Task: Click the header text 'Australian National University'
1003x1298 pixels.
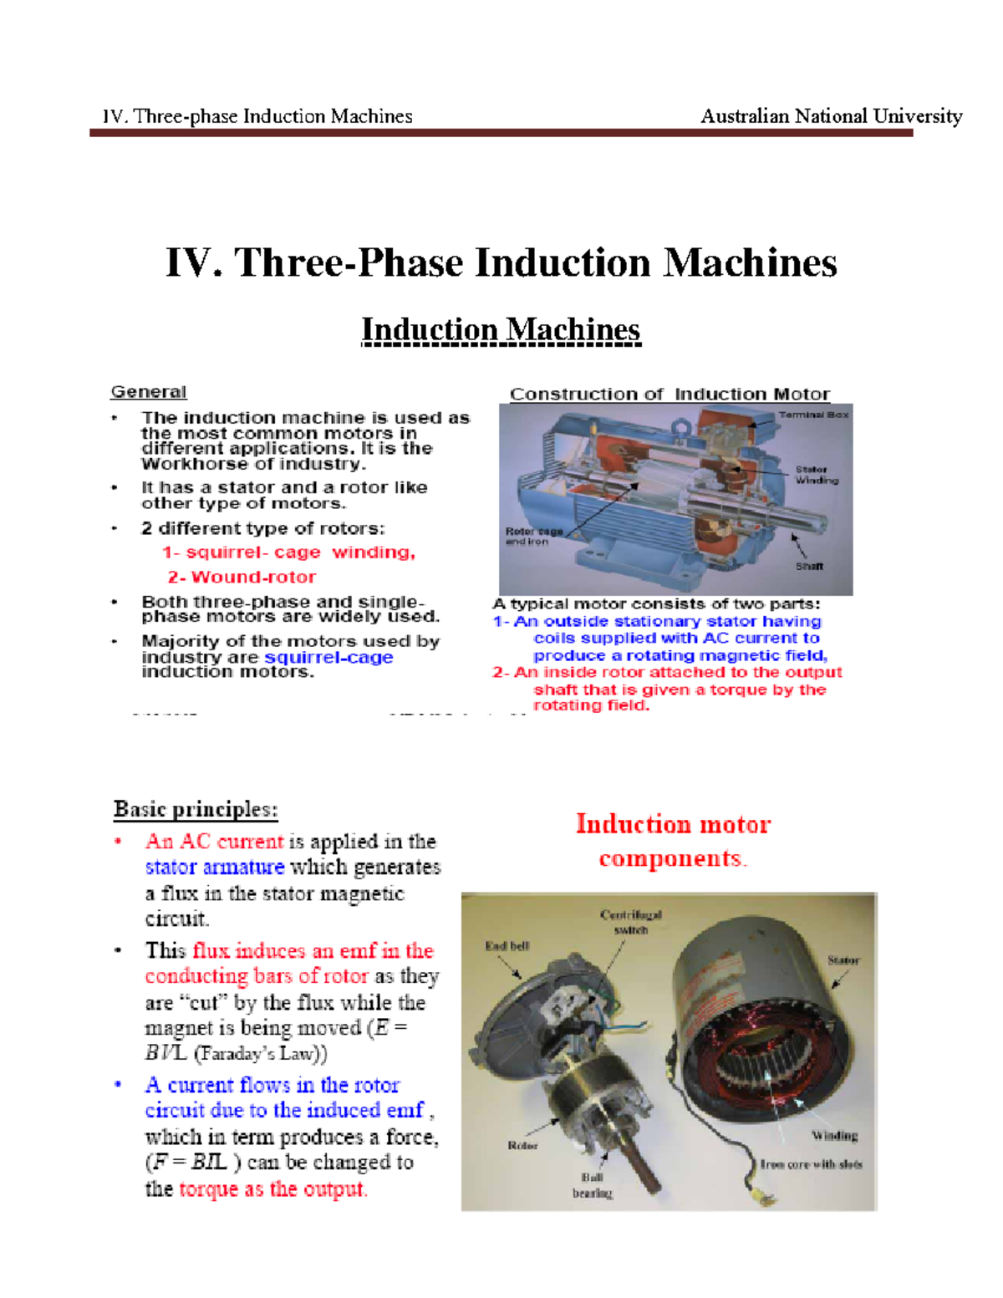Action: coord(831,116)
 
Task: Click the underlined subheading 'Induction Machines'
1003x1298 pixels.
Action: coord(501,330)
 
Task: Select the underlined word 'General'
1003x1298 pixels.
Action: coord(149,392)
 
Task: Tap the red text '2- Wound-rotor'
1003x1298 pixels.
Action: coord(242,577)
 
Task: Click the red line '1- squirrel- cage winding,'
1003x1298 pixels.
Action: coord(288,552)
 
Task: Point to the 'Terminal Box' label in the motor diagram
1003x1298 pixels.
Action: coord(813,415)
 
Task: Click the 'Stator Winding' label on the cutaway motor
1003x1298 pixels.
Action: coord(816,475)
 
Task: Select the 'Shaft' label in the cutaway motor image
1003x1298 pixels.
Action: coord(809,566)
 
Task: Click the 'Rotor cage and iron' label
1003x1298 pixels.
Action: coord(532,536)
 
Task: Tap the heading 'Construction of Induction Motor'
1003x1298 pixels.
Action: coord(670,394)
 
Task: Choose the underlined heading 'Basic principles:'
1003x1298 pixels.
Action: coord(196,809)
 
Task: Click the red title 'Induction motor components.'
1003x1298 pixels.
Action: coord(673,841)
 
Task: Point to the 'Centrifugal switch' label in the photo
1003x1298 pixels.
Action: coord(630,922)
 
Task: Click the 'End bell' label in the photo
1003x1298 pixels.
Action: coord(507,945)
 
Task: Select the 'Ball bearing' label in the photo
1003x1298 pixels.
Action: coord(592,1185)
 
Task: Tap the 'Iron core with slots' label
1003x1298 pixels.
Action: coord(811,1163)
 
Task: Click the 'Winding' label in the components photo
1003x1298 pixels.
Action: coord(834,1135)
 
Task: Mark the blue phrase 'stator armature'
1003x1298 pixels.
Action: coord(215,867)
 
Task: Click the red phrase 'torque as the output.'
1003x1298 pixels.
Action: coord(272,1189)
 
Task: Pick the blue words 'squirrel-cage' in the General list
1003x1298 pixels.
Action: coord(328,657)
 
